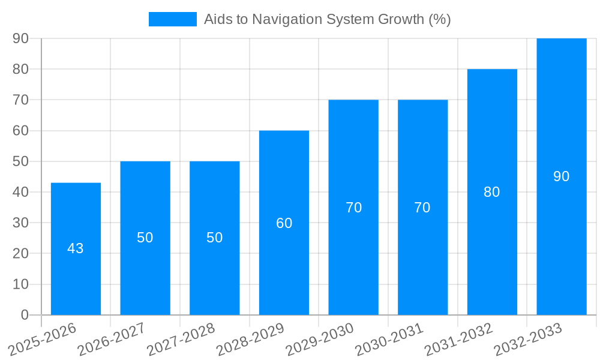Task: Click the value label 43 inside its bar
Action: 76,248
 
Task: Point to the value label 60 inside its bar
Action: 284,223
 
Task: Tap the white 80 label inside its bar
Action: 491,192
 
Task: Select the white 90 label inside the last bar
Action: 561,176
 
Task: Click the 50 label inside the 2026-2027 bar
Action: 145,238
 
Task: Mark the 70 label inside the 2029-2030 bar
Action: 353,208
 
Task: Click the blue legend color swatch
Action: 173,19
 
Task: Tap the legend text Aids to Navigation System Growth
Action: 327,19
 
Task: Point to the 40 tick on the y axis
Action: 20,192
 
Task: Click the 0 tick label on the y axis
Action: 25,315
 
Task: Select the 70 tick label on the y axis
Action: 20,100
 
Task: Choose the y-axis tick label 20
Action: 20,254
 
